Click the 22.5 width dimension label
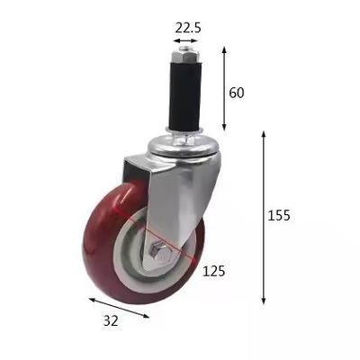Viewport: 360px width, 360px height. click(x=187, y=27)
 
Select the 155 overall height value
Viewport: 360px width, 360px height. click(x=280, y=216)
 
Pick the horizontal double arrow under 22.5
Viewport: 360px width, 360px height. click(x=187, y=40)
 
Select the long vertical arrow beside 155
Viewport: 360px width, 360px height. click(x=264, y=216)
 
